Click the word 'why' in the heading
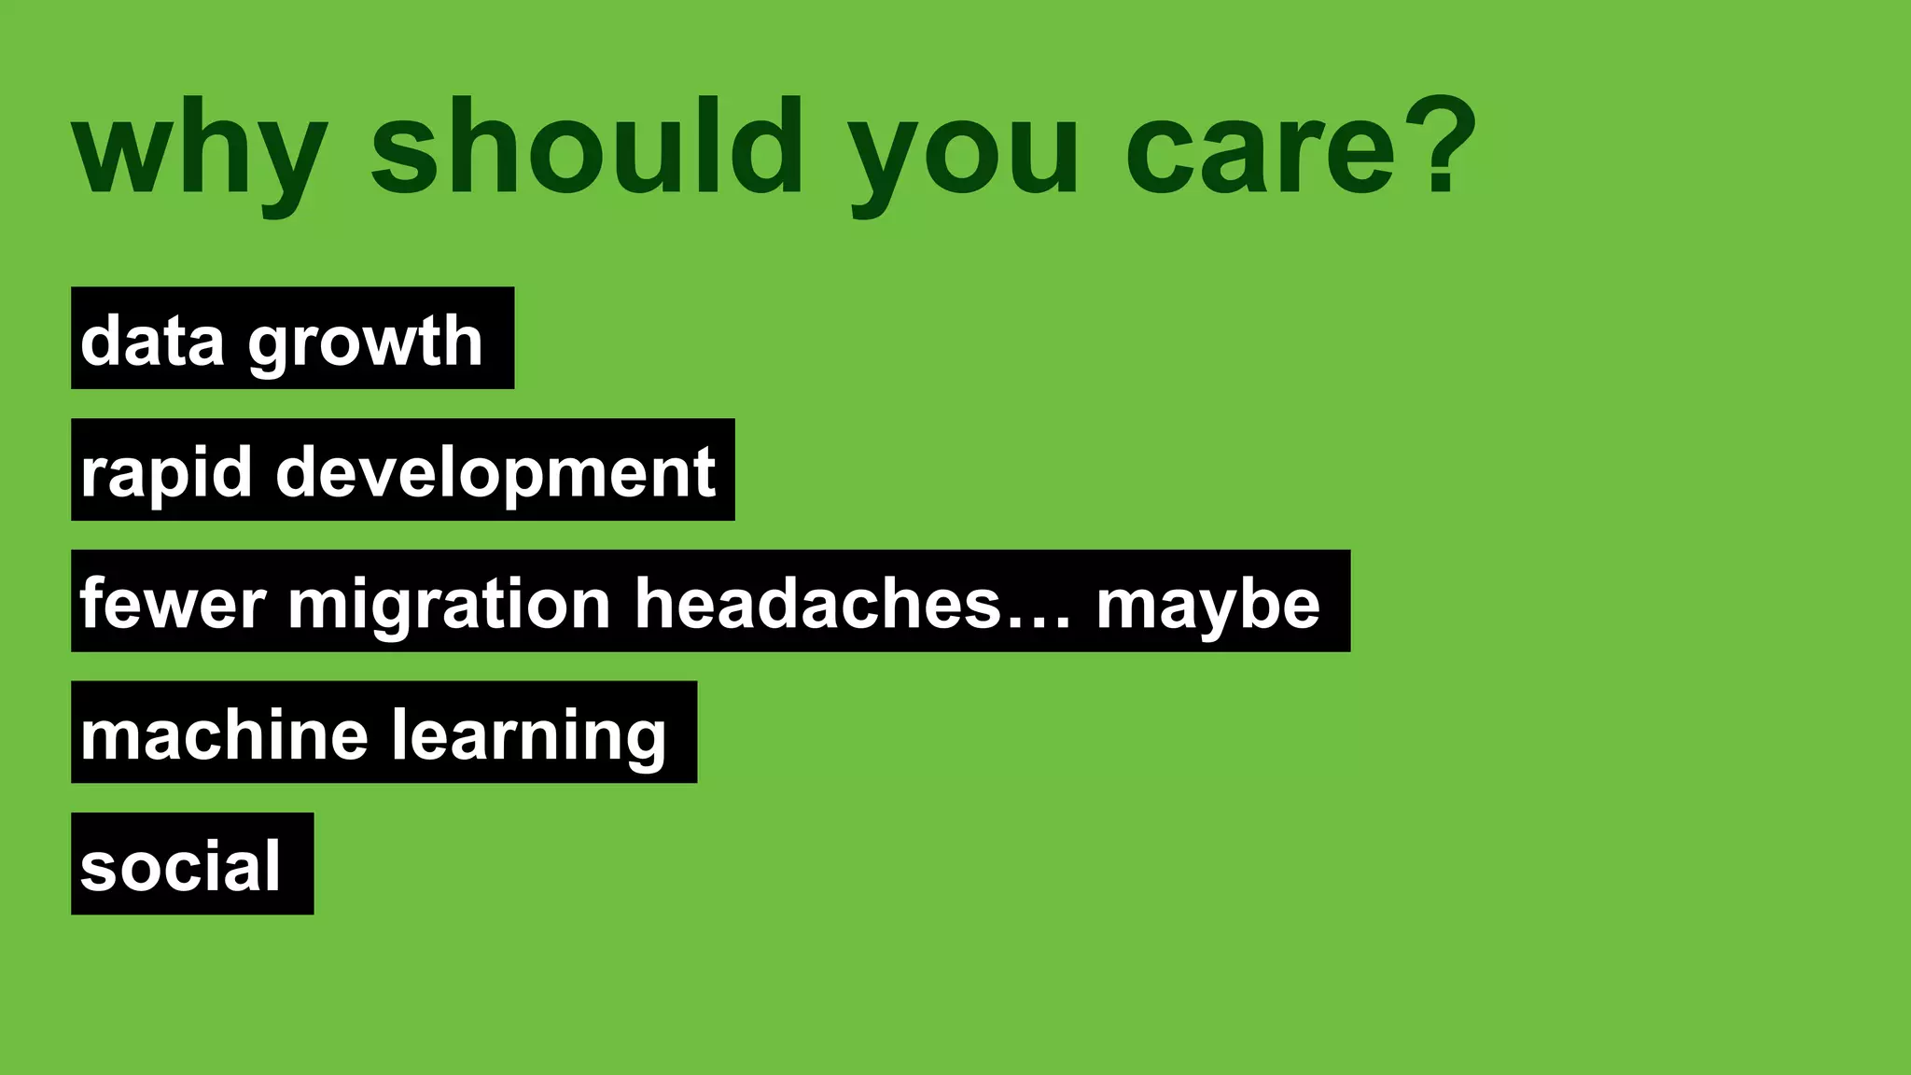click(x=200, y=149)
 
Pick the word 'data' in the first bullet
click(x=152, y=340)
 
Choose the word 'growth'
click(x=365, y=342)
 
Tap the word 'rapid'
click(x=166, y=472)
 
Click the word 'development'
click(x=495, y=472)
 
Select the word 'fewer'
click(x=173, y=603)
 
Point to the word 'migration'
click(x=449, y=605)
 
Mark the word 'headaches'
click(x=818, y=603)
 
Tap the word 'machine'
click(x=224, y=734)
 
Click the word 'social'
click(x=180, y=866)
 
